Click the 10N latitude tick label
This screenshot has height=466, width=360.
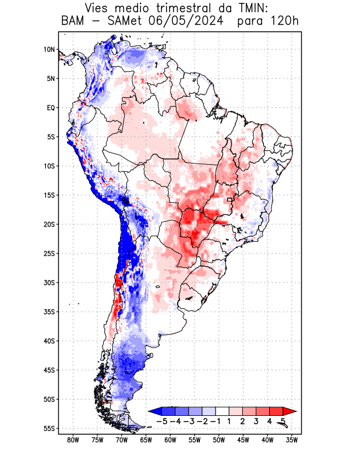pos(49,50)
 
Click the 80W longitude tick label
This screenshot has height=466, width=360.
pos(73,440)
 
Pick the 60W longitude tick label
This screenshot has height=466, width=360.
pos(170,440)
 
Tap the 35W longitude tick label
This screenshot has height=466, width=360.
pos(292,440)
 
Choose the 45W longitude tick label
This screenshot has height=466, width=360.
pos(243,440)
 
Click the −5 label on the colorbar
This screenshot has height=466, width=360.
pos(161,421)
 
